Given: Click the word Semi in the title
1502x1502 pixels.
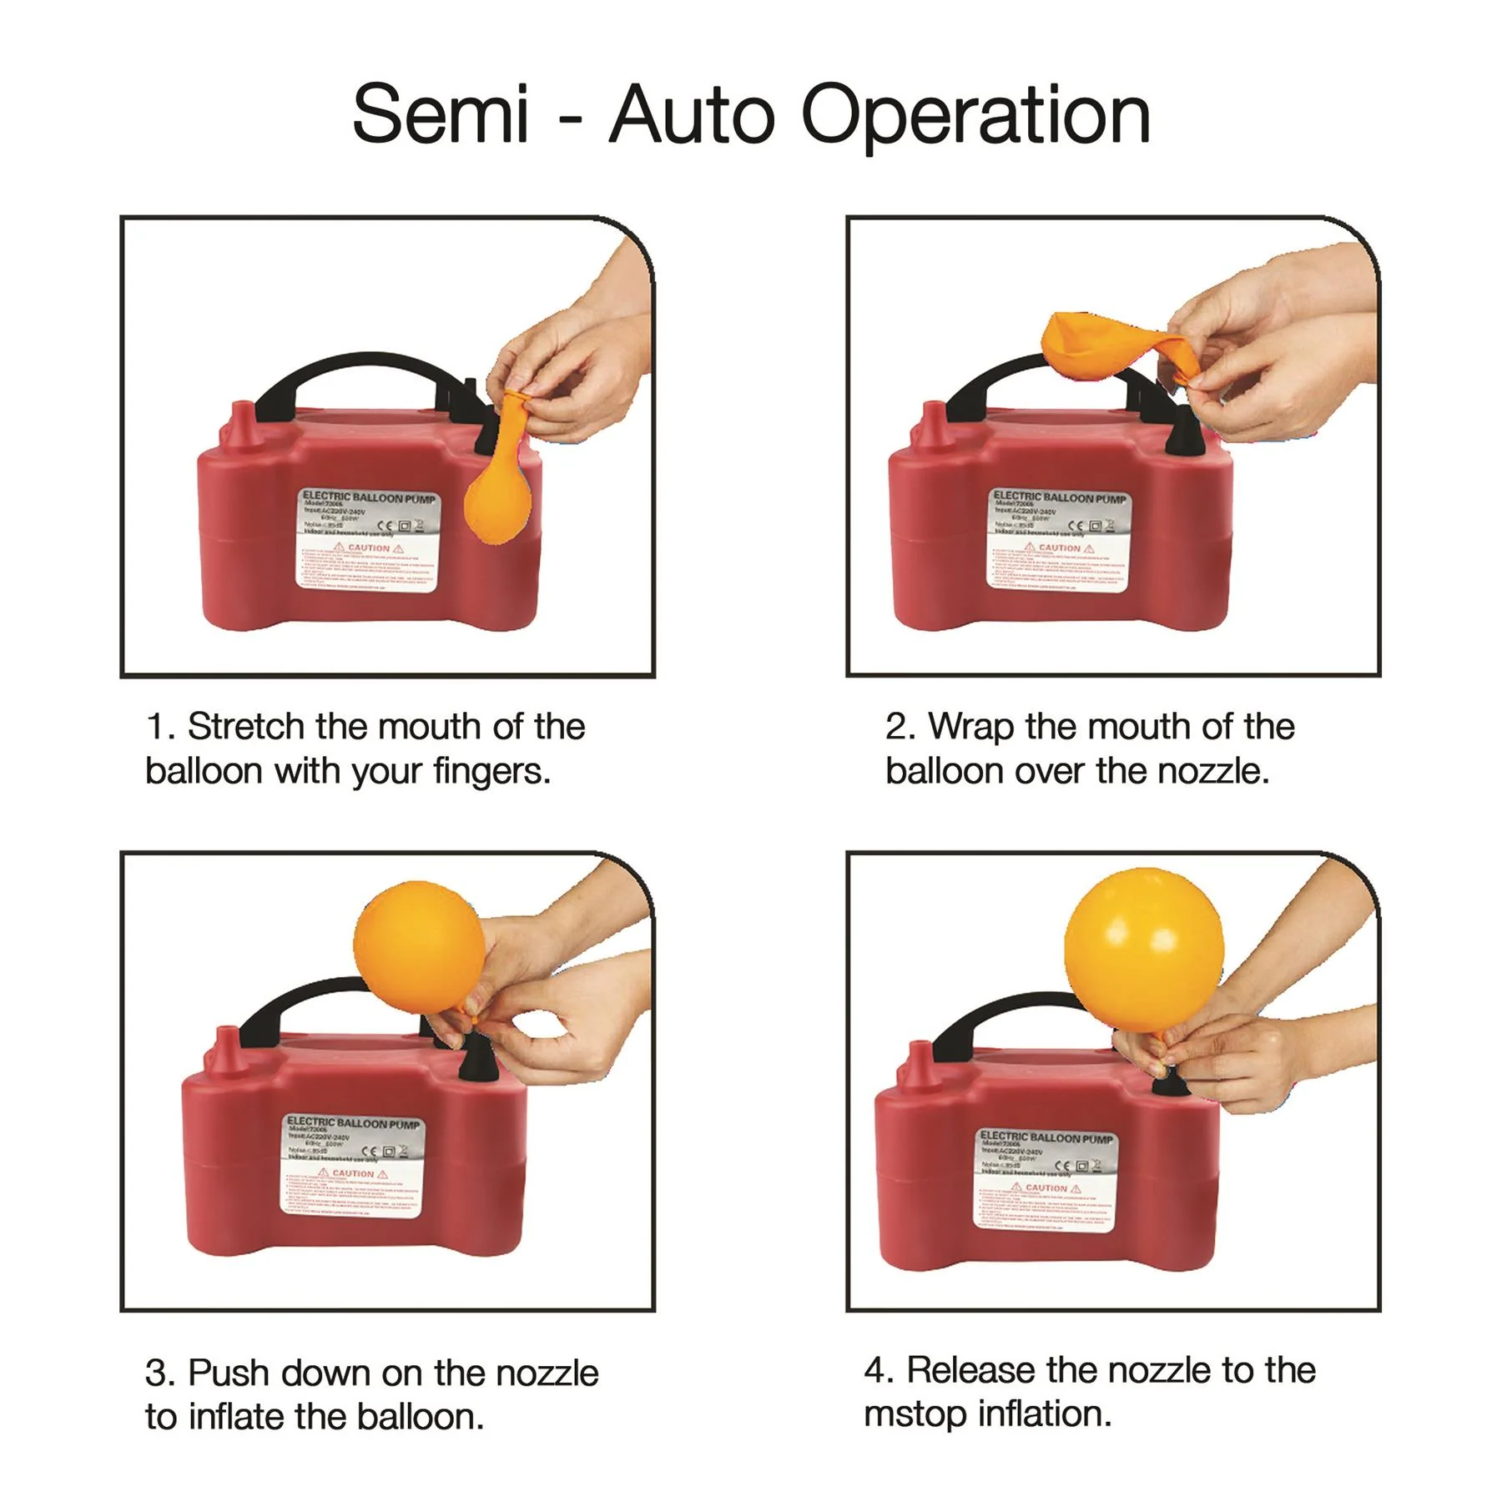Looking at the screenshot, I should [440, 114].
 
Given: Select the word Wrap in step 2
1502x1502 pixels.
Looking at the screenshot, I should [970, 727].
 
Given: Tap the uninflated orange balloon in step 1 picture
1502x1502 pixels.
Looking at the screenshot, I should [500, 492].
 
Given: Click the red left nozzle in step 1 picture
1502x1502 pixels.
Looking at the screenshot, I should [242, 422].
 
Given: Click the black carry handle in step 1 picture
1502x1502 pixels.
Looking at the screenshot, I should [359, 372].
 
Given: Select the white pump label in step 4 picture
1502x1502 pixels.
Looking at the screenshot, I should [1044, 1178].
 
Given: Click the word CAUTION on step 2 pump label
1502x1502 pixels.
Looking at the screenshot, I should [1059, 548].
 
